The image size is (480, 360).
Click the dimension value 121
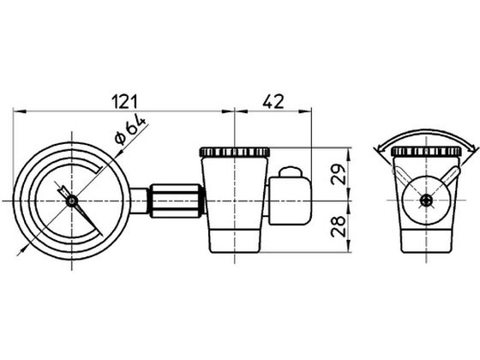click(124, 102)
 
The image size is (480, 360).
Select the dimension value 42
click(273, 102)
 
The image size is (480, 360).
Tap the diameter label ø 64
click(130, 129)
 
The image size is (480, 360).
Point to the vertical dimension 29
click(338, 174)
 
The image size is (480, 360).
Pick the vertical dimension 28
click(338, 226)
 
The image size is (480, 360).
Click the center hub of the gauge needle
click(72, 201)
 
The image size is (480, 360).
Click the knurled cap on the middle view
click(235, 153)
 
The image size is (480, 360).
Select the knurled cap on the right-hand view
click(426, 151)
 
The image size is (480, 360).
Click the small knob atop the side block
click(291, 172)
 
